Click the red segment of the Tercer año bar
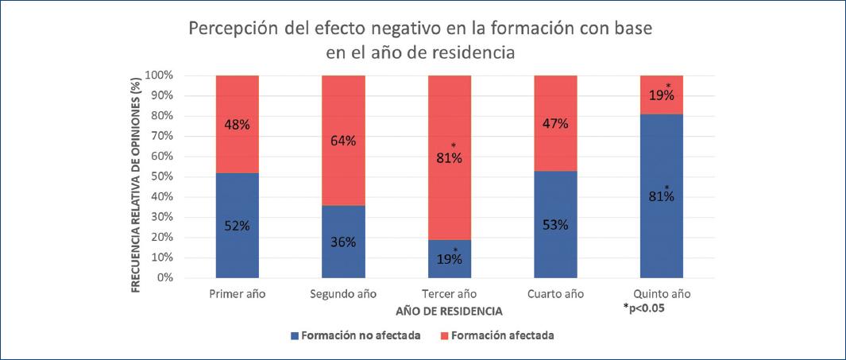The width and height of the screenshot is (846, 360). pyautogui.click(x=450, y=191)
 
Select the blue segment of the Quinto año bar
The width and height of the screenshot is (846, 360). pyautogui.click(x=662, y=230)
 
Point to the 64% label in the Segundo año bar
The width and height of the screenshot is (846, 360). pyautogui.click(x=343, y=141)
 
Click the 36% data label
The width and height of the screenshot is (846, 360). pyautogui.click(x=343, y=242)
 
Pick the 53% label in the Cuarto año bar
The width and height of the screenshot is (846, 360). pyautogui.click(x=555, y=225)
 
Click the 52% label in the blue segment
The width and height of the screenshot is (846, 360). pyautogui.click(x=238, y=226)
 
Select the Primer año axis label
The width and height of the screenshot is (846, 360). pyautogui.click(x=238, y=294)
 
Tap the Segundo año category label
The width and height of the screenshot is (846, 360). pyautogui.click(x=343, y=294)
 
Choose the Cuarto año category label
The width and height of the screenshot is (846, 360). pyautogui.click(x=555, y=294)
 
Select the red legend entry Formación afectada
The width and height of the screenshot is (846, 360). pyautogui.click(x=501, y=335)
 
